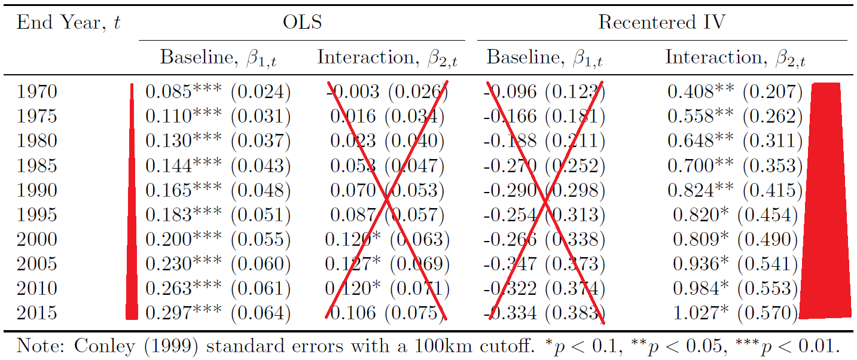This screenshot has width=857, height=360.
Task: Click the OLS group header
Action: tap(302, 23)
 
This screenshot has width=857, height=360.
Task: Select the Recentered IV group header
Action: tap(661, 23)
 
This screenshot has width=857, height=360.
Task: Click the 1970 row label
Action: tap(37, 91)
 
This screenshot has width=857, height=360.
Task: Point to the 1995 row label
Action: tap(37, 215)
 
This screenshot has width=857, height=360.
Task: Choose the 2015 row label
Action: tap(37, 313)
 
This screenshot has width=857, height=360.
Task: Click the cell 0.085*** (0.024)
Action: tap(218, 91)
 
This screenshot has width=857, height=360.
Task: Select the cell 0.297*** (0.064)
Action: tap(218, 313)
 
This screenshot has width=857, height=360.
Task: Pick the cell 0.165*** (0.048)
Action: tap(218, 190)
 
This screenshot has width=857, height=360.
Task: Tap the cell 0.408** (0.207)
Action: tap(735, 91)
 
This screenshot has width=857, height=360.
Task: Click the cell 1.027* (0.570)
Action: tap(735, 313)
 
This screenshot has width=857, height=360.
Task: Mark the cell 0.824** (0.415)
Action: tap(735, 190)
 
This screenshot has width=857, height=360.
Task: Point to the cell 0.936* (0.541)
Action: tap(735, 264)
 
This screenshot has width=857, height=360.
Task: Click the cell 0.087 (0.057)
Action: tap(387, 215)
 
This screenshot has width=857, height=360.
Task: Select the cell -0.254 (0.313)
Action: tap(544, 215)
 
